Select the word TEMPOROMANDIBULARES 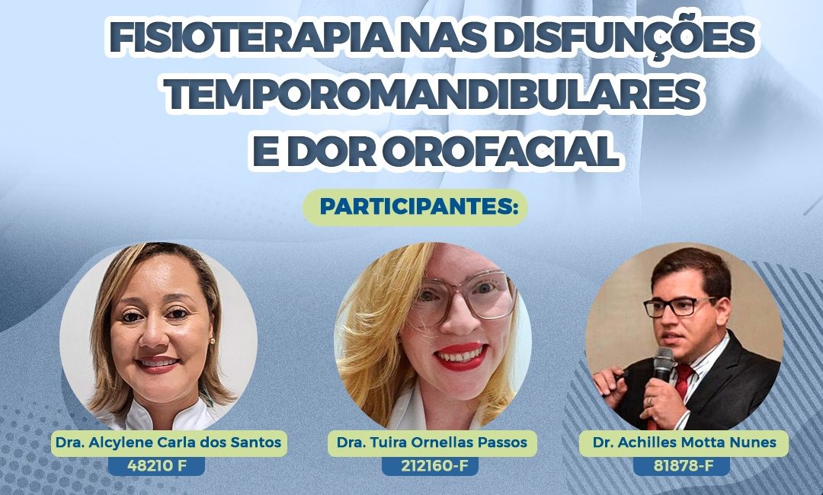[x=434, y=94]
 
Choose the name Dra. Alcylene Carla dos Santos [x=168, y=442]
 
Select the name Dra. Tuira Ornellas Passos [x=432, y=442]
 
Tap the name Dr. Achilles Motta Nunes [x=684, y=442]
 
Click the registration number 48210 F [x=157, y=465]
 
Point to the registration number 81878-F [x=680, y=465]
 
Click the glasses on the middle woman [x=464, y=299]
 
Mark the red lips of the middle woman [x=460, y=356]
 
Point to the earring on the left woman [x=212, y=341]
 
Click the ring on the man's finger [x=650, y=401]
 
